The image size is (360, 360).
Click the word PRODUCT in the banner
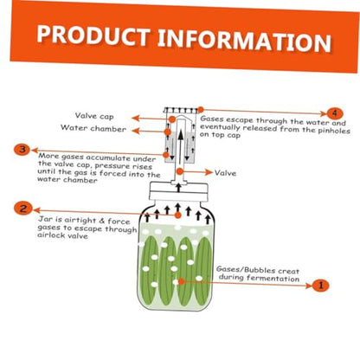pos(93,35)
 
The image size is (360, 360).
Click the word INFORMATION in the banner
pos(244,41)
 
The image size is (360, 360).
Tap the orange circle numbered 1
pos(320,286)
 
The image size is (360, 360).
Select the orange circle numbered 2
pos(22,209)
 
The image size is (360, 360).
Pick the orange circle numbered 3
pos(22,150)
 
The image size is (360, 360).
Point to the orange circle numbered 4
pos(334,113)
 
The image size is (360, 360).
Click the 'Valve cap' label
pos(94,116)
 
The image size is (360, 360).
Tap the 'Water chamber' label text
pos(93,128)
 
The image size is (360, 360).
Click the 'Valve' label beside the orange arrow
pos(225,173)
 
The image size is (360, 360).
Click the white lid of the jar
pos(178,191)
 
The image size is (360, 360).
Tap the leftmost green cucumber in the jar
pos(150,270)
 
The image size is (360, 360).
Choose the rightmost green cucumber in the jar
pos(203,271)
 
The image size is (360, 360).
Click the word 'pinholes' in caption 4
pos(334,131)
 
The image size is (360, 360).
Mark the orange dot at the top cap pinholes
pos(201,110)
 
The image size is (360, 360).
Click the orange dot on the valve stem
pos(180,171)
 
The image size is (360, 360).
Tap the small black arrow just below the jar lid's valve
pos(178,188)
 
